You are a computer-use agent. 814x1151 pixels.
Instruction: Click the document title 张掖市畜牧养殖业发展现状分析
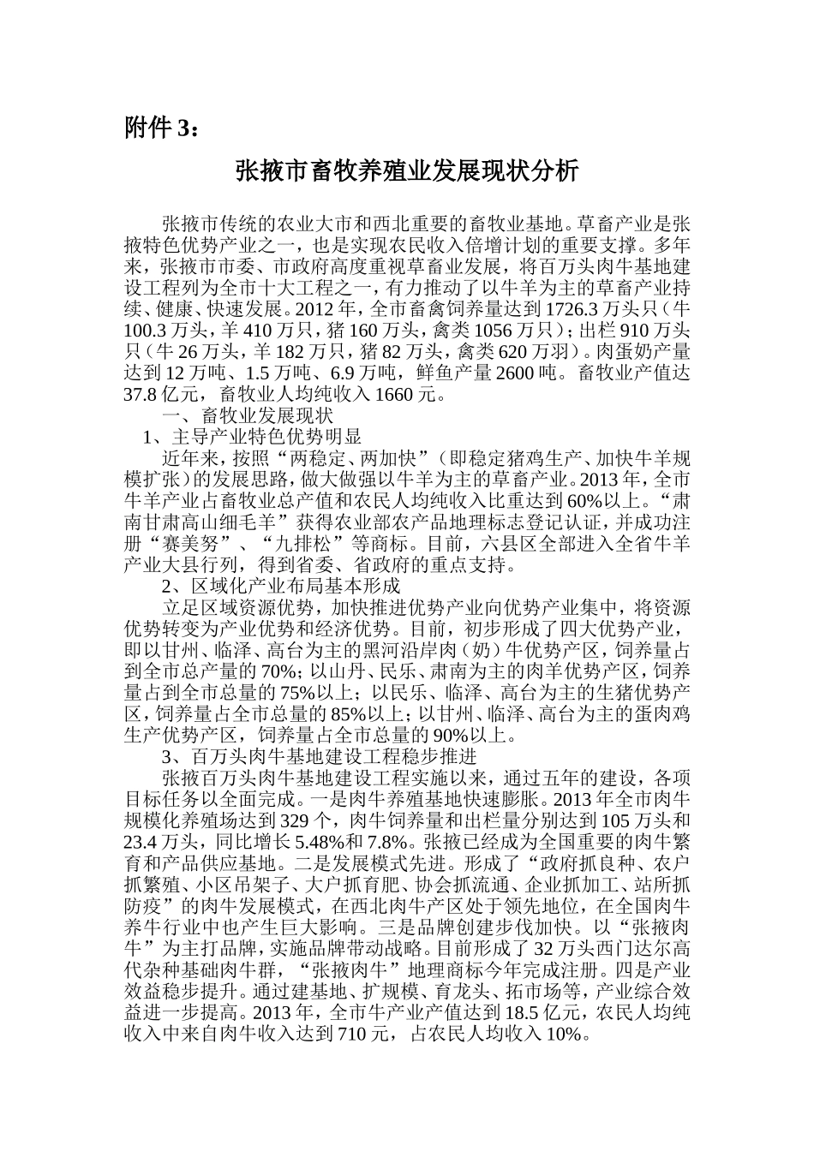(x=407, y=172)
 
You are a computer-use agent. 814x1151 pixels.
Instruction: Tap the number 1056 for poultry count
(x=494, y=330)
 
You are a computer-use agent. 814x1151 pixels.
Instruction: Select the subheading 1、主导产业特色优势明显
(x=252, y=438)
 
